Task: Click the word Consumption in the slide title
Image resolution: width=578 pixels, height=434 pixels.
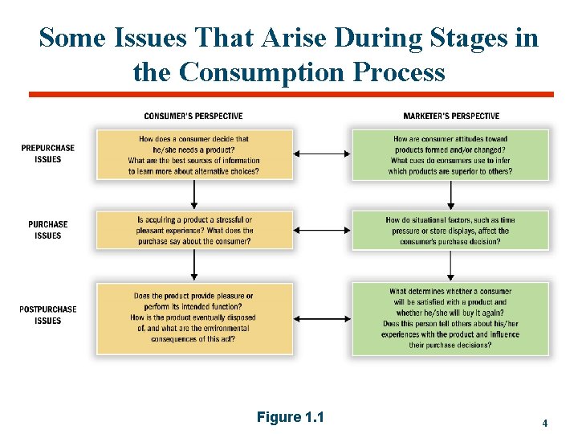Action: pos(254,72)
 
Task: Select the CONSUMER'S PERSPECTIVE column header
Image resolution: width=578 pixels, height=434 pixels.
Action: pos(193,117)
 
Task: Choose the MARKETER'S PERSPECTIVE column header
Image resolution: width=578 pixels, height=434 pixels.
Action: pos(451,117)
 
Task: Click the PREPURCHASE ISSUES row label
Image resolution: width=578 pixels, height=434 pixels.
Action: pos(48,154)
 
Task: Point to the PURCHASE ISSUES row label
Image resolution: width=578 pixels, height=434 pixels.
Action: pos(48,230)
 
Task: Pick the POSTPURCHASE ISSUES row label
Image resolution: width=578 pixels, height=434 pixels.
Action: pos(48,315)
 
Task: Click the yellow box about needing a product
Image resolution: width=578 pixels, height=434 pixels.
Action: pos(193,155)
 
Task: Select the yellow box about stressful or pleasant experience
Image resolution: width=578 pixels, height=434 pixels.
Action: pos(193,231)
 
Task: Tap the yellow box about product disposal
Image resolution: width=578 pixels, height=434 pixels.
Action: pos(193,317)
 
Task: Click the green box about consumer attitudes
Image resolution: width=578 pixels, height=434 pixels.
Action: pos(450,155)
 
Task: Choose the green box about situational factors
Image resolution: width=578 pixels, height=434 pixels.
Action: pos(450,231)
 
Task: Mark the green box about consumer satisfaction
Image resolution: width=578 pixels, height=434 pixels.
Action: pos(450,318)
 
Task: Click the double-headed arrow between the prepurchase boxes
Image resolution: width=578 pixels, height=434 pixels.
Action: pos(322,154)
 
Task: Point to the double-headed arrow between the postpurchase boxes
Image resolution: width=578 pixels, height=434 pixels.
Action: pos(322,317)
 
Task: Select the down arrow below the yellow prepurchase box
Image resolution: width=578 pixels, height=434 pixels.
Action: pos(193,194)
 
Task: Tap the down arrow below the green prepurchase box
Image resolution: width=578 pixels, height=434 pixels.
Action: pos(450,194)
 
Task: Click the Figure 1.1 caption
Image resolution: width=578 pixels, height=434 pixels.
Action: pos(290,417)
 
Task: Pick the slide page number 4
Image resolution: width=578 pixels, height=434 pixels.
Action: pos(545,423)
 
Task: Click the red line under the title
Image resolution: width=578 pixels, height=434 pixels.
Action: pos(291,95)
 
